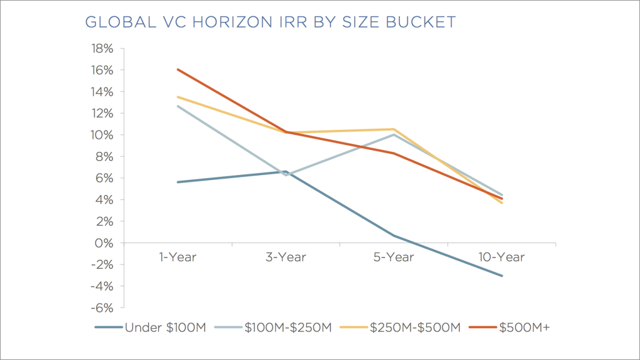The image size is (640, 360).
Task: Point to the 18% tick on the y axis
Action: (102, 49)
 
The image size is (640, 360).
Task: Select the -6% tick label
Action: (102, 308)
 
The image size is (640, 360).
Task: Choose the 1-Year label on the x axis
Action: (177, 257)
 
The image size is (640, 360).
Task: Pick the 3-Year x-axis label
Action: (286, 257)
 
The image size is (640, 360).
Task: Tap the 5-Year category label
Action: (394, 257)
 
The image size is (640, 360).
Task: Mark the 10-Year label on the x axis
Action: (501, 257)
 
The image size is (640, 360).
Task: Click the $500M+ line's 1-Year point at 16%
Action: (178, 69)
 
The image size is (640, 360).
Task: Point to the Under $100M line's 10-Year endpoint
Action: (502, 276)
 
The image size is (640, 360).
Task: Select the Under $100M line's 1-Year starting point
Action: (178, 182)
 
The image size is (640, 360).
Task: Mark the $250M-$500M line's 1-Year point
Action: (178, 97)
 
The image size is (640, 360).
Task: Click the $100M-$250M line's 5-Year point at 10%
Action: (394, 134)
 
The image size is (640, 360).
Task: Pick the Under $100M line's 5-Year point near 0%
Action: (394, 236)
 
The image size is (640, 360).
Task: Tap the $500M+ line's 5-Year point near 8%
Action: (394, 153)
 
